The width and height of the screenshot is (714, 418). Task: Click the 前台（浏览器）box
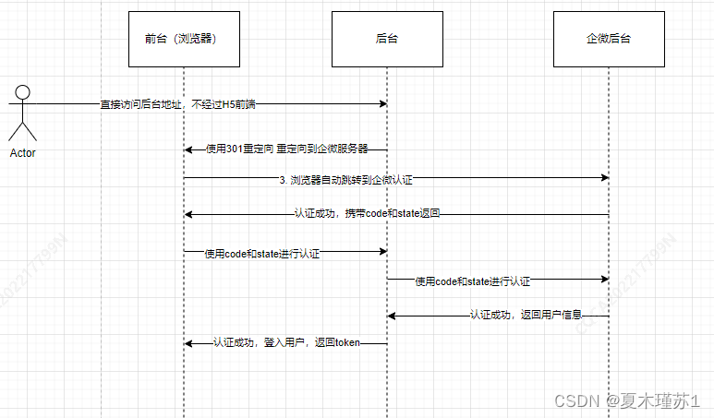tap(183, 40)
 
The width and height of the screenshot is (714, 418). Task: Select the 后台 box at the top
tap(387, 40)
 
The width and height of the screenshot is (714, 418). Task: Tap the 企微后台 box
tap(609, 40)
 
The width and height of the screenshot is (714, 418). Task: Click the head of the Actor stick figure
tap(23, 92)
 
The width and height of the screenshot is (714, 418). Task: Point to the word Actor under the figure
tap(23, 153)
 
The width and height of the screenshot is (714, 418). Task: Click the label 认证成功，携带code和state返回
tap(367, 214)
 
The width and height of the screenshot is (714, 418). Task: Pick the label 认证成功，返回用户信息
tap(526, 315)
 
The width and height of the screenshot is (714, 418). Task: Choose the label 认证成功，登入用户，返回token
tap(286, 343)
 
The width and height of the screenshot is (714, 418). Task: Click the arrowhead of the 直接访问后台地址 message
tap(382, 103)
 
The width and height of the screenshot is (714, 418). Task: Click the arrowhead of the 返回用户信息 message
tap(392, 316)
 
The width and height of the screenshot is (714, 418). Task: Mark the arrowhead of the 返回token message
tap(188, 343)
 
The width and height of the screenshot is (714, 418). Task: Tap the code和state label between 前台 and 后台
tap(262, 252)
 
